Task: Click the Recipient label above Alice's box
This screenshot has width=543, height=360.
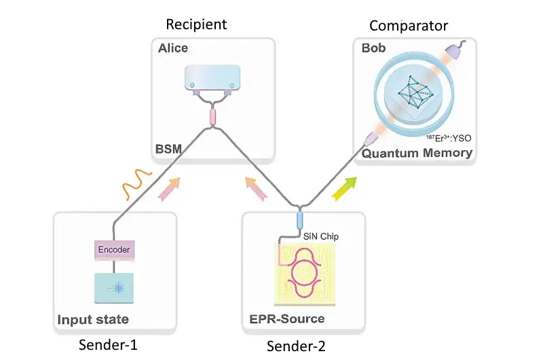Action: (196, 25)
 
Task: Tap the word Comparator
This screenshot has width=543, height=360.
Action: (409, 26)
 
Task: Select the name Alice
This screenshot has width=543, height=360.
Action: (174, 48)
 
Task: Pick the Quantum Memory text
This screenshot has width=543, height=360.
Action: (417, 153)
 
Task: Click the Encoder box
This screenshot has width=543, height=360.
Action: (114, 249)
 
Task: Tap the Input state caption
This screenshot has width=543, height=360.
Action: (93, 319)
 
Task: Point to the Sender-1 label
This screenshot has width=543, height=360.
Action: (108, 344)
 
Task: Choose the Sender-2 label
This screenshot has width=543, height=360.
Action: (296, 346)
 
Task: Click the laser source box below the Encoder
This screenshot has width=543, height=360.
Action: (114, 287)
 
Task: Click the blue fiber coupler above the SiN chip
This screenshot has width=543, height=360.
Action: (299, 221)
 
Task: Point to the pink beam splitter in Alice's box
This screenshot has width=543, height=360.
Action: (212, 116)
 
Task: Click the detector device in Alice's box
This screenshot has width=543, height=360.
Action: (212, 77)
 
